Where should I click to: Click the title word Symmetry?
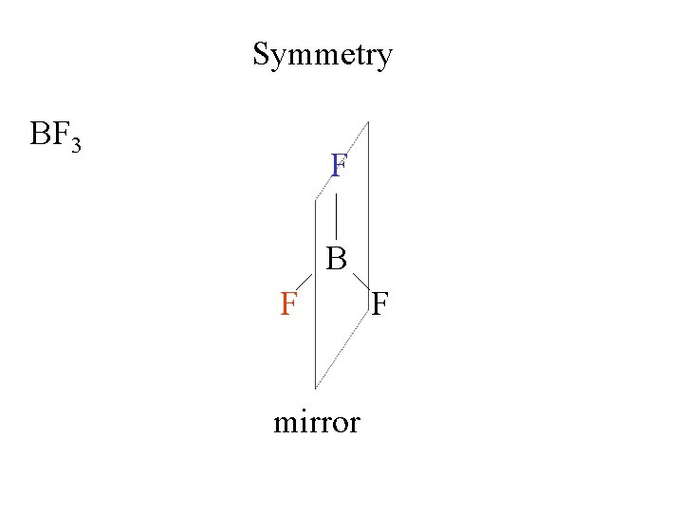322,56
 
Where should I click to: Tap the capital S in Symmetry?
261,54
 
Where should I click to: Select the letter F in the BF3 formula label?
60,135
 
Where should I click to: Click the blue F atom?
339,166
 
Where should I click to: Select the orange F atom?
290,305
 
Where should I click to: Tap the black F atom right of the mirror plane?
379,305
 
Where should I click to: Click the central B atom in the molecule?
337,258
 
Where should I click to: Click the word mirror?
317,422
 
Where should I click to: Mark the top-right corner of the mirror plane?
368,121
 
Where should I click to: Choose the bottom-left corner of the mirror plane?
315,388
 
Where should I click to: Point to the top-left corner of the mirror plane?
315,201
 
